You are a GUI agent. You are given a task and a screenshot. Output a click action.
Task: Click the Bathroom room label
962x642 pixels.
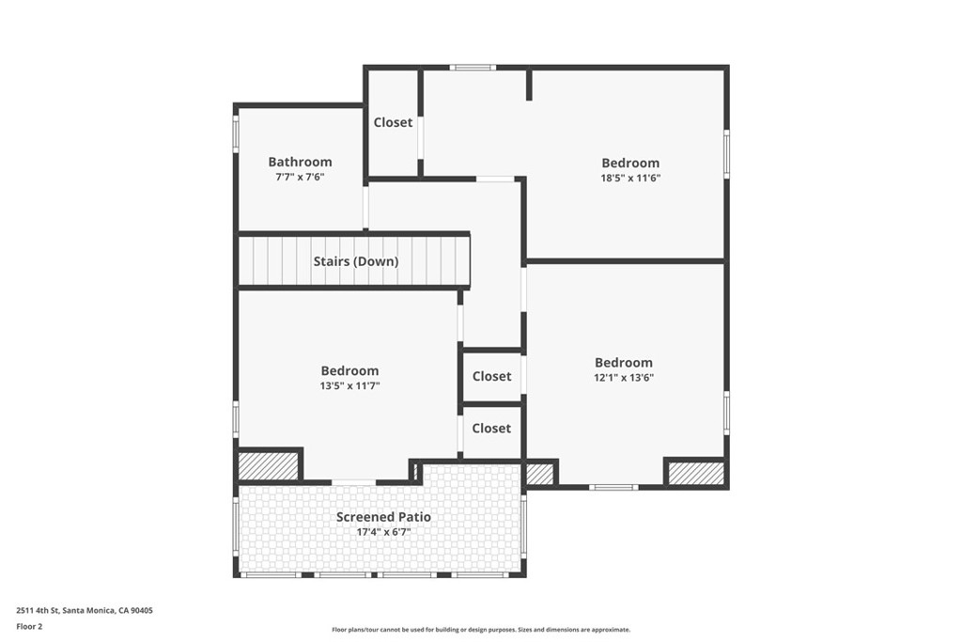[x=300, y=162]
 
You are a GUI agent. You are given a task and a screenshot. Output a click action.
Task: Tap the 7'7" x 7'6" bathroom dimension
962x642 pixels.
[x=300, y=178]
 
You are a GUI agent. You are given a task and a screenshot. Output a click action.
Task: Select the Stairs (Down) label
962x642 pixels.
[x=355, y=261]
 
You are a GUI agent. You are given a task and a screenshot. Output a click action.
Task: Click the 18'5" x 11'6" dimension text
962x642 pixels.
[x=630, y=178]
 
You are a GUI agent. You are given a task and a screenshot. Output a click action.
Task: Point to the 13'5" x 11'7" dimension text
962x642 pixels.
[x=349, y=386]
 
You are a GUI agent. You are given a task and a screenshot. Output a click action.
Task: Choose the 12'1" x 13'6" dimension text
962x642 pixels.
[x=623, y=378]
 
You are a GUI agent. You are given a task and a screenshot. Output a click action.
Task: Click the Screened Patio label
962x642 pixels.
[x=383, y=517]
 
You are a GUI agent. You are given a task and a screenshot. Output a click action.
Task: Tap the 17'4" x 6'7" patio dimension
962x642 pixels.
[x=383, y=532]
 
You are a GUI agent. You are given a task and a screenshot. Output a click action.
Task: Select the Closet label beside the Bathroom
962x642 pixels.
[x=393, y=122]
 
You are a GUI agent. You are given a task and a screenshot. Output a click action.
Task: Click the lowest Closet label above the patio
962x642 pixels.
[x=491, y=428]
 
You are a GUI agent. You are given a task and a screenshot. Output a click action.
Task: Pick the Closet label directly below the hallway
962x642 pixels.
[x=491, y=376]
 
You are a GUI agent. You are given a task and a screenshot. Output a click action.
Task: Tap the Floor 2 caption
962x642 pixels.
[x=30, y=626]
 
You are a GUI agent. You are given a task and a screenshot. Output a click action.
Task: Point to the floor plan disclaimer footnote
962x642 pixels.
[x=480, y=630]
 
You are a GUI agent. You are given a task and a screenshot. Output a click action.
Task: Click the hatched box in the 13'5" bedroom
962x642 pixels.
[x=267, y=465]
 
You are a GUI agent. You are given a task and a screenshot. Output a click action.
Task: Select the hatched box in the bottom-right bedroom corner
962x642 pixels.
[x=696, y=473]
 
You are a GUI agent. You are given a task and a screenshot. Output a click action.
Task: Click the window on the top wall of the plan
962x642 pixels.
[x=472, y=68]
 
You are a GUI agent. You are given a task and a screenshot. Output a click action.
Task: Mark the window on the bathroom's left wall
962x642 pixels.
[x=236, y=133]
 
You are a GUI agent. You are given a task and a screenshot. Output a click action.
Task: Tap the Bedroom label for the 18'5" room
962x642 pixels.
[x=630, y=163]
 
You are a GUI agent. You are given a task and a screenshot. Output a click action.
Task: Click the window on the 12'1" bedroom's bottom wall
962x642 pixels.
[x=613, y=487]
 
